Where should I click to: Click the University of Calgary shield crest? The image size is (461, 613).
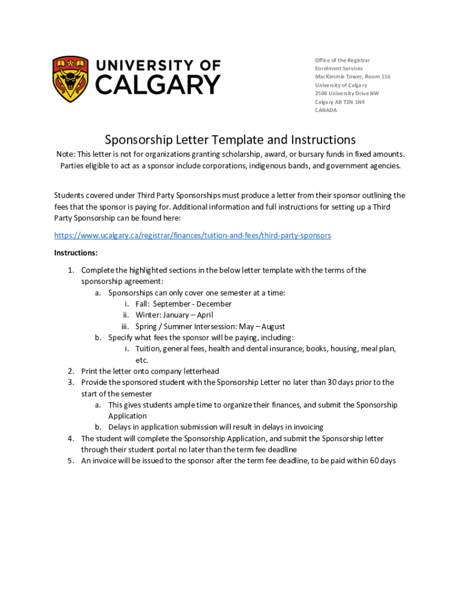pyautogui.click(x=71, y=79)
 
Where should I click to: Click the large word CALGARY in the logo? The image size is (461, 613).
pyautogui.click(x=158, y=86)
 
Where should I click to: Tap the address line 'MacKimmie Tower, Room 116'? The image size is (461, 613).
pyautogui.click(x=353, y=77)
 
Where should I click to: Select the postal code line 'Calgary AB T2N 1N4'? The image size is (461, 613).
pyautogui.click(x=339, y=102)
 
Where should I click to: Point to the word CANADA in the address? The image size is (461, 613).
pyautogui.click(x=326, y=110)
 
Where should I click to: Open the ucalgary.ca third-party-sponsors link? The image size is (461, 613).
pyautogui.click(x=192, y=235)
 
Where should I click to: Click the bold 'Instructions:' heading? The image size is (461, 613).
pyautogui.click(x=76, y=253)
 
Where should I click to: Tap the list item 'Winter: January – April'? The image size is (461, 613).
pyautogui.click(x=174, y=315)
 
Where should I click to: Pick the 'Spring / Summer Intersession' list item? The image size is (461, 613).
pyautogui.click(x=210, y=326)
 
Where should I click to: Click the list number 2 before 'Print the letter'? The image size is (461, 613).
pyautogui.click(x=71, y=371)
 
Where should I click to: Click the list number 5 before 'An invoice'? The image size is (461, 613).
pyautogui.click(x=71, y=460)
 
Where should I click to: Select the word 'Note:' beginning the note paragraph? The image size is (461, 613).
pyautogui.click(x=66, y=154)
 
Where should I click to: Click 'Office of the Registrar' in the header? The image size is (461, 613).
pyautogui.click(x=342, y=60)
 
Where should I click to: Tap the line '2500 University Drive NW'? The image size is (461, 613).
pyautogui.click(x=347, y=93)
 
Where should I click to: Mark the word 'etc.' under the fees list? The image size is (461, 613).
pyautogui.click(x=141, y=360)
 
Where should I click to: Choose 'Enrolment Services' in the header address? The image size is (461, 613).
pyautogui.click(x=339, y=68)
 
